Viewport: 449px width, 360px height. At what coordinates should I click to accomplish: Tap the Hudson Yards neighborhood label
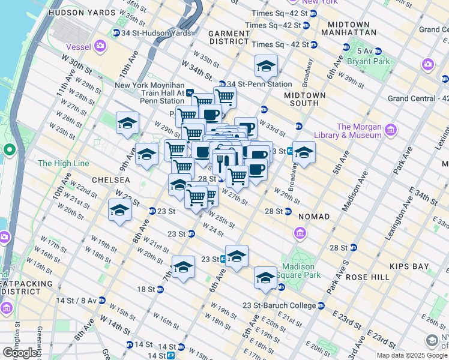coord(81,12)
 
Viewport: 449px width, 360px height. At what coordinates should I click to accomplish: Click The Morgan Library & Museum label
coord(359,131)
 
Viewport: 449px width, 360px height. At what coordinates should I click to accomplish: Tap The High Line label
coord(63,163)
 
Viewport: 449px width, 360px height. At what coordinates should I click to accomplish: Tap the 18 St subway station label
coord(146,289)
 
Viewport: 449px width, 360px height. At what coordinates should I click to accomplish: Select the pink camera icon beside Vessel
coord(100,45)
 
